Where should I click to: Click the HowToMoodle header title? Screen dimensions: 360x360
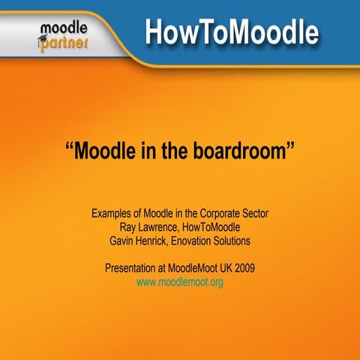tap(231, 33)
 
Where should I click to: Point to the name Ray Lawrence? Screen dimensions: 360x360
tap(150, 227)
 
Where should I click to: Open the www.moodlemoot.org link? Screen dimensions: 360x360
tap(179, 282)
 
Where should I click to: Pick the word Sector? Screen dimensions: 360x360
tap(254, 214)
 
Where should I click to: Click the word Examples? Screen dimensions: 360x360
tap(113, 214)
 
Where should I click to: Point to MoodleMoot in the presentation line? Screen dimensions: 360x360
tap(190, 268)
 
